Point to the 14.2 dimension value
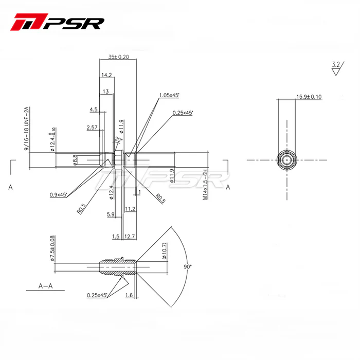point(106,75)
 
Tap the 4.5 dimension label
point(94,110)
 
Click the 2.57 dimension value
point(92,127)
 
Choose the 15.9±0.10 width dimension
point(309,97)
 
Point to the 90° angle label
point(187,267)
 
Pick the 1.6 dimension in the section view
point(129,295)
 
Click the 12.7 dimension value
point(130,237)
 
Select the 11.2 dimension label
point(130,209)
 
